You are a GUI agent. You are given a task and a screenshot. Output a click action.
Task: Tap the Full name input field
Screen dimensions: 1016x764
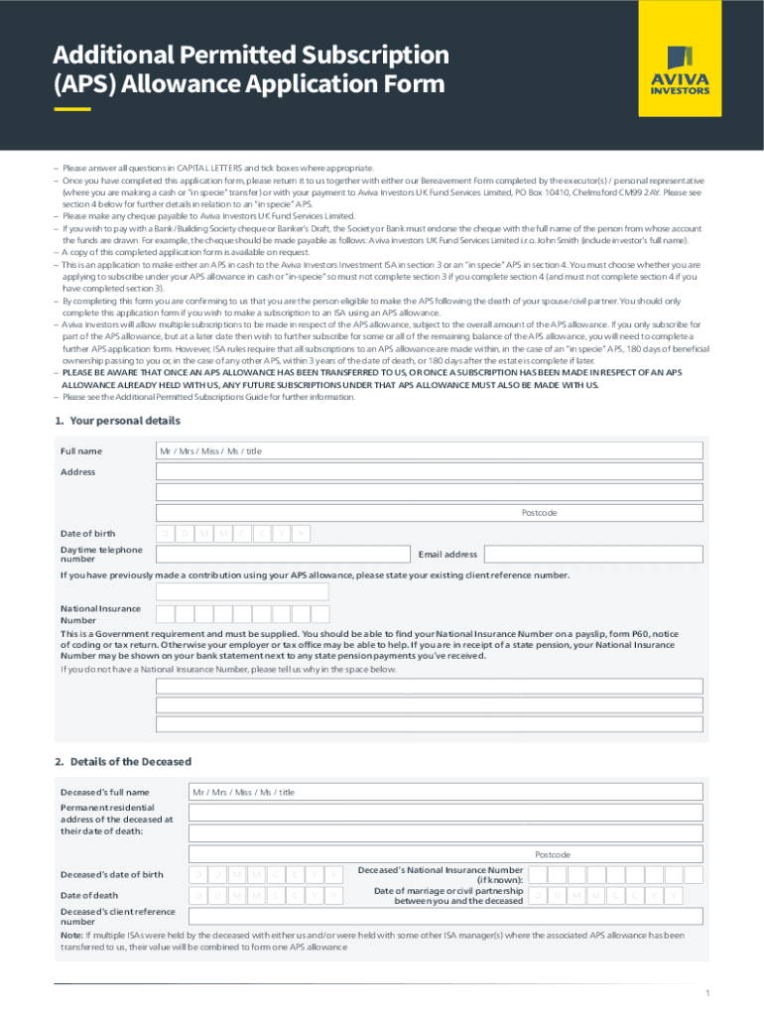point(430,450)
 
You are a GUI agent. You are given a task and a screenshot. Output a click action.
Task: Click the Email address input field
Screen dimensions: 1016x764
point(592,554)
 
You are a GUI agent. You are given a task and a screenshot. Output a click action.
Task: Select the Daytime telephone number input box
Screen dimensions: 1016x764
point(283,554)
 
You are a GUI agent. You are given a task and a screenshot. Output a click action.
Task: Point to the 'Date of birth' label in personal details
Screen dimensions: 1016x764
point(87,534)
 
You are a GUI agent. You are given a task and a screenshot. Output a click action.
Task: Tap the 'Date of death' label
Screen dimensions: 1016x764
point(83,896)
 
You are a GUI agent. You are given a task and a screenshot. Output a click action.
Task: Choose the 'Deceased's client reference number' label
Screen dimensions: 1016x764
point(117,916)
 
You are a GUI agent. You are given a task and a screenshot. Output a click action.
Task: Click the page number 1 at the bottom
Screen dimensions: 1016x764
point(707,993)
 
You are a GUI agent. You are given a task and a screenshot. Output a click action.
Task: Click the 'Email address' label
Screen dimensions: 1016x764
point(447,555)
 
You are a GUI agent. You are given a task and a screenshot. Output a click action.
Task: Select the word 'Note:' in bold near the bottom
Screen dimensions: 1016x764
point(71,935)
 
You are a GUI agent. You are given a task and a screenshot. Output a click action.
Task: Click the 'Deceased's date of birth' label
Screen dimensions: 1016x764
point(112,874)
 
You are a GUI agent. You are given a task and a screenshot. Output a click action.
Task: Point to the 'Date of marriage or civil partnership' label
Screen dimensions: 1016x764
point(448,891)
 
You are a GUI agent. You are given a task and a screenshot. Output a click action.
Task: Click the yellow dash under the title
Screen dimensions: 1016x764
point(72,109)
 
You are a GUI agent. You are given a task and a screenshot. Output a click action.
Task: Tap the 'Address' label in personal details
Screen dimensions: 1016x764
point(77,472)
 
